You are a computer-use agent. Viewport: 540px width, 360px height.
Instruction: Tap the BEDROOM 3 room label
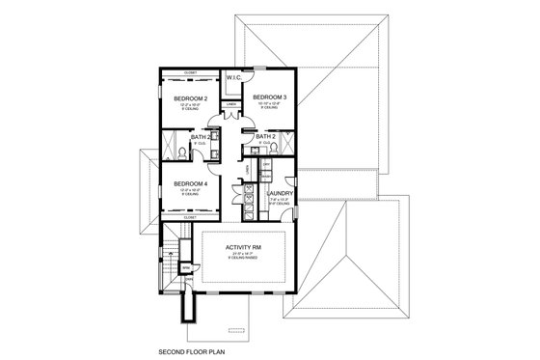269,97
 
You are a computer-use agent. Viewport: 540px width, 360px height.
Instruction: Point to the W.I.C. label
234,78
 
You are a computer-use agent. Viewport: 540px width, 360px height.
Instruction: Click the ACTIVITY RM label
242,247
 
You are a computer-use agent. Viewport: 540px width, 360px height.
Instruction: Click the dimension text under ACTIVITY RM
242,255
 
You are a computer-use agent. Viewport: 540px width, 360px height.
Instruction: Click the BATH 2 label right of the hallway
267,137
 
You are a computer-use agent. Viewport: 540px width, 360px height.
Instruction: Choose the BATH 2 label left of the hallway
199,138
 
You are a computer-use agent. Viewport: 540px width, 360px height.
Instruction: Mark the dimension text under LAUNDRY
280,201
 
